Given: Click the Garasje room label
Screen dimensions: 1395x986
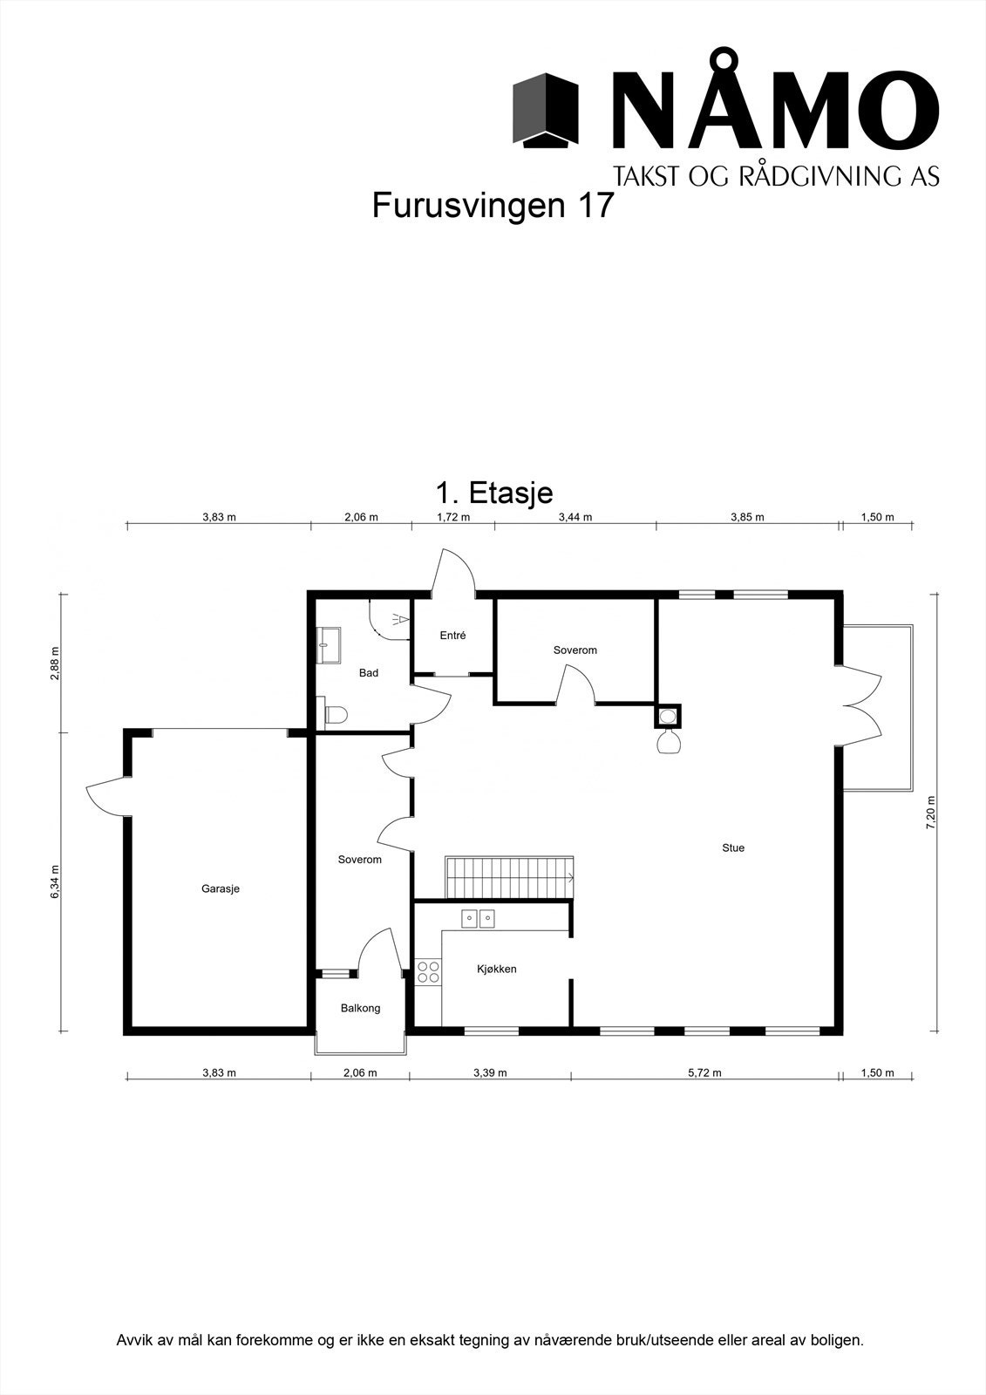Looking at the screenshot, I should (x=220, y=889).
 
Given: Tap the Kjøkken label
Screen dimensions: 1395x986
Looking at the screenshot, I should (x=496, y=969).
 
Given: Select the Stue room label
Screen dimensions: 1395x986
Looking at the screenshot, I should (x=732, y=847).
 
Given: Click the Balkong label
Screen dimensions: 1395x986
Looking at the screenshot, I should (x=360, y=1008).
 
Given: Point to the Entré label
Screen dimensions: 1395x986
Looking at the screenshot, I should (x=452, y=636).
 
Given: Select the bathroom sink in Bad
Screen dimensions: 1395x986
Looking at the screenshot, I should (x=330, y=646).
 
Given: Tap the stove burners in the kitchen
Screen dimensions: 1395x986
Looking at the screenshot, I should (x=428, y=972).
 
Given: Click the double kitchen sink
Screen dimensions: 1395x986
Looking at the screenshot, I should (x=478, y=917).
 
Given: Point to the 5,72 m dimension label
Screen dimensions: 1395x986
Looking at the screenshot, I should (x=704, y=1073).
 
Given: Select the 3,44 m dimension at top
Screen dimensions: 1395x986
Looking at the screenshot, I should (x=575, y=517).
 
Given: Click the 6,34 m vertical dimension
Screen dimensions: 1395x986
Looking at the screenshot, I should (x=54, y=881).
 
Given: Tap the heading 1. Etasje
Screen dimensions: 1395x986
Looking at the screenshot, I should (x=493, y=493).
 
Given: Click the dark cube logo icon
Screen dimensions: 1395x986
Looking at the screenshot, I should (x=546, y=110).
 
